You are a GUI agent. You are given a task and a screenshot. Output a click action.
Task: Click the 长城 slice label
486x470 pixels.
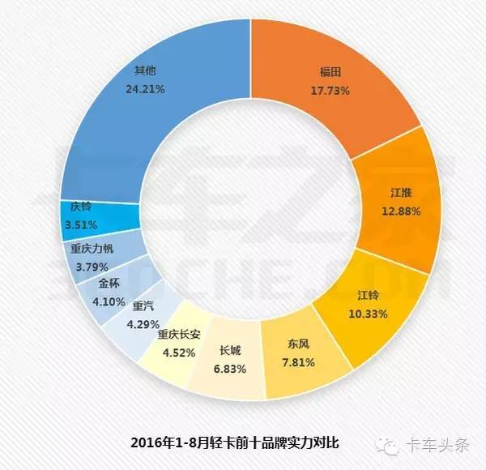(x=230, y=352)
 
